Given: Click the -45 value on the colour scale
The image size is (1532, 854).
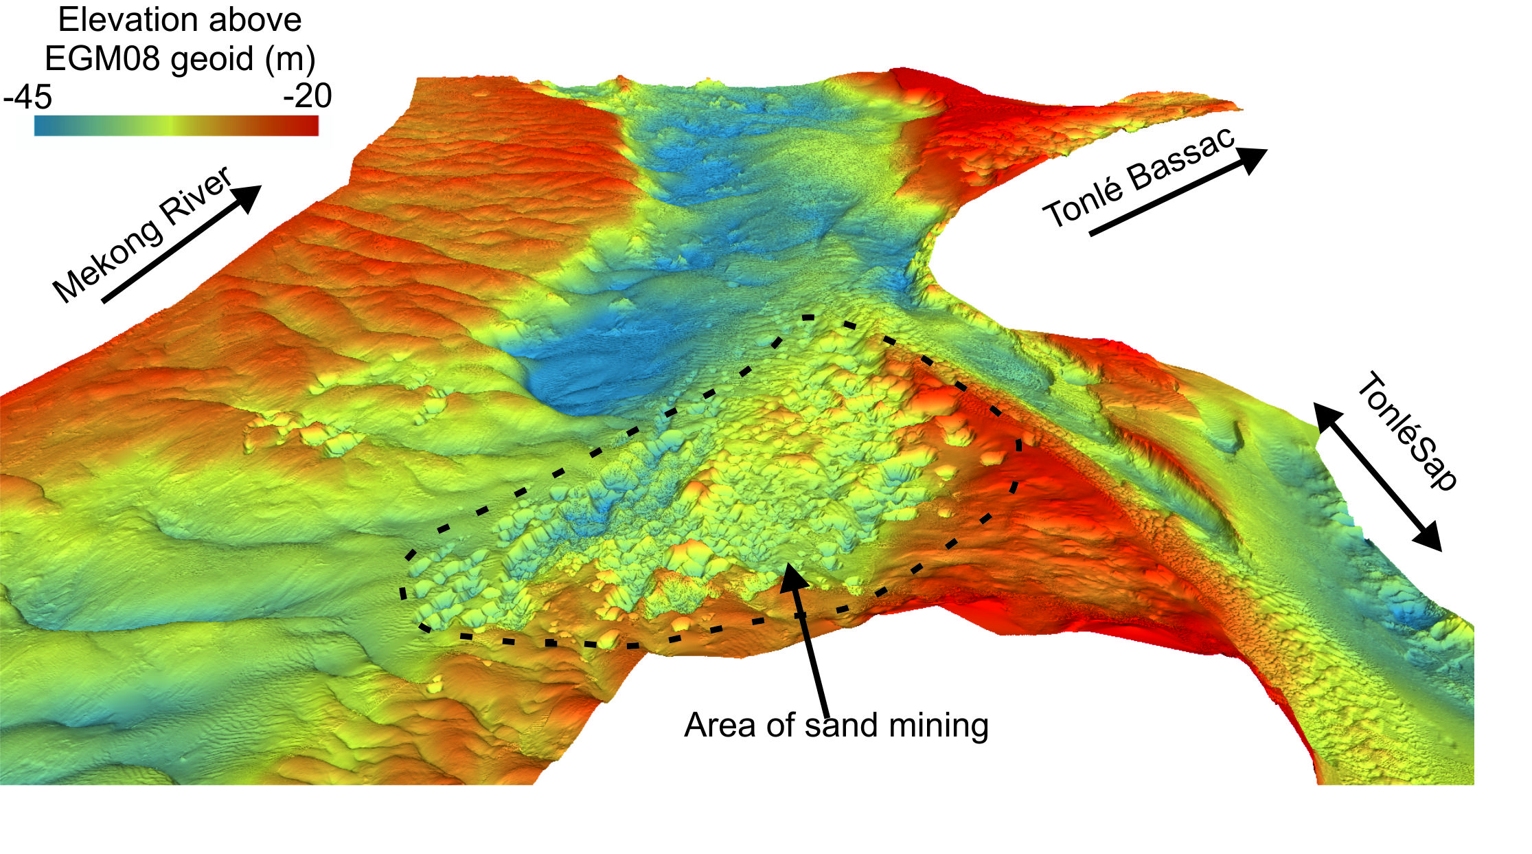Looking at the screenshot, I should (27, 97).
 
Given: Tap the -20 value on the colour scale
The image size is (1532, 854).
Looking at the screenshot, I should (307, 95).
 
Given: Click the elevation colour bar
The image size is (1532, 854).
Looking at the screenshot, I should (176, 126).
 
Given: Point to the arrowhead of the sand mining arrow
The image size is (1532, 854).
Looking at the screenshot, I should (793, 577).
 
